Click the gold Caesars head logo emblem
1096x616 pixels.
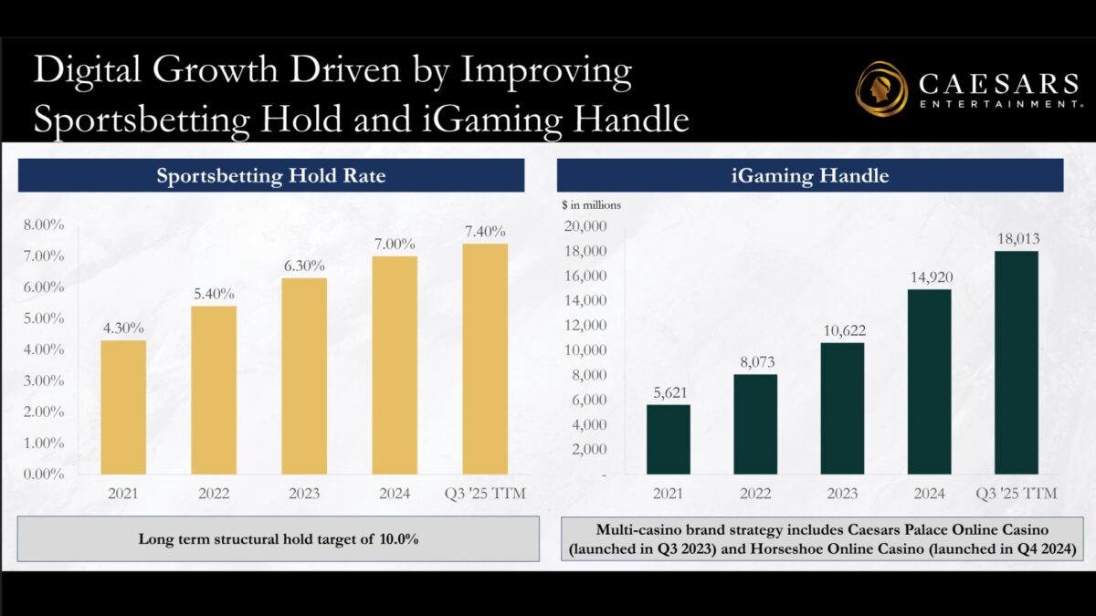click(881, 89)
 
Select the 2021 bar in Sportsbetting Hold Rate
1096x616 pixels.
click(123, 407)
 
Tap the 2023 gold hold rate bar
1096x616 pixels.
click(304, 376)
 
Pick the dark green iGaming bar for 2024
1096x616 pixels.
click(929, 381)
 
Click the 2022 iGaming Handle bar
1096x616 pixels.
click(755, 424)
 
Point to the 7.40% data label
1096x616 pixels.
click(485, 231)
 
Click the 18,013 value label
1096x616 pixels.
click(1018, 238)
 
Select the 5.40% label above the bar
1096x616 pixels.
click(214, 293)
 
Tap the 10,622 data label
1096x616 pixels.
click(844, 330)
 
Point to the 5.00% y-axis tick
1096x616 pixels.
click(44, 318)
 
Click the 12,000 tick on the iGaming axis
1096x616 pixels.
click(585, 325)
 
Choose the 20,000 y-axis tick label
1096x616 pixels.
click(585, 226)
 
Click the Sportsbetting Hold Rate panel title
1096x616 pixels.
click(271, 175)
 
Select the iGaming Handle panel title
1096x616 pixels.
click(810, 175)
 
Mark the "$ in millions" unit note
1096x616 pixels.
click(591, 205)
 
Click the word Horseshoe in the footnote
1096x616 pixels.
click(782, 549)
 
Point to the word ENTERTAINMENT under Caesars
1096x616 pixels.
click(1001, 104)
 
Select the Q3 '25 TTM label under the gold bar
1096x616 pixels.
click(485, 494)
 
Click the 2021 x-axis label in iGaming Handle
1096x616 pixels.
click(668, 494)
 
